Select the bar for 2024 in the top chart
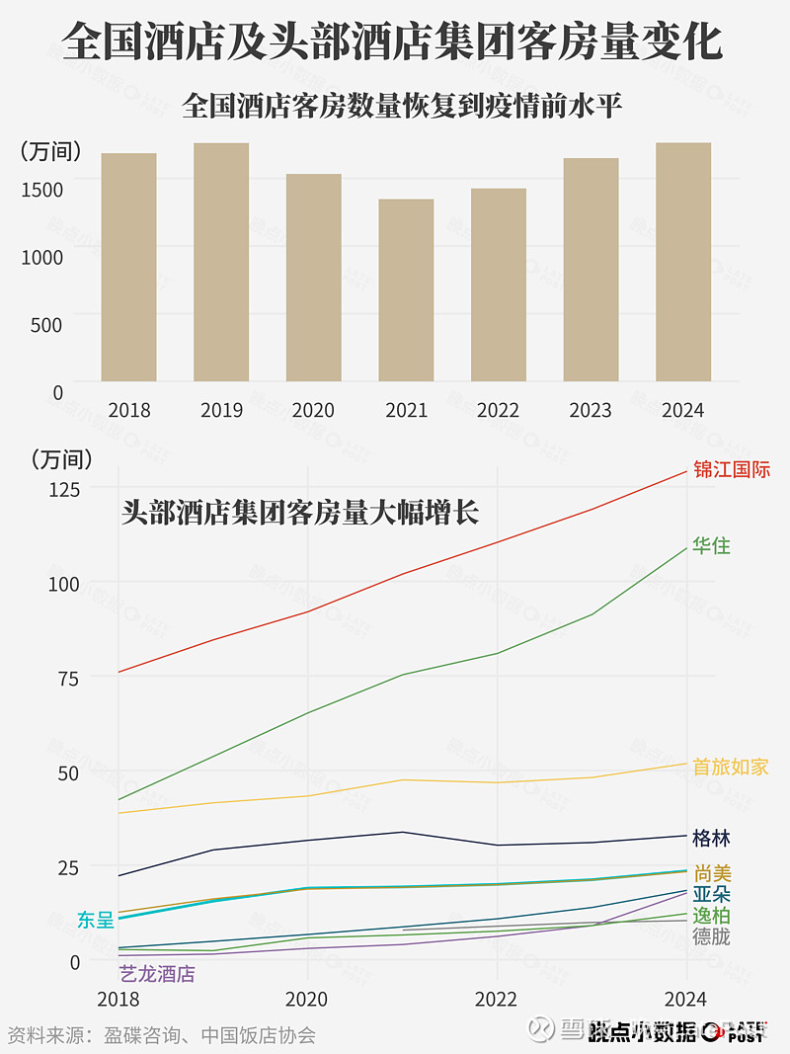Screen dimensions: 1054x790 point(683,262)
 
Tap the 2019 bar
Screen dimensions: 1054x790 point(221,262)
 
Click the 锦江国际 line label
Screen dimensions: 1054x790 point(731,469)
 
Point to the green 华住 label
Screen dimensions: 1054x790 point(711,545)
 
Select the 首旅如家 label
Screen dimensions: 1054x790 point(730,767)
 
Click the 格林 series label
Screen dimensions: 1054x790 point(711,839)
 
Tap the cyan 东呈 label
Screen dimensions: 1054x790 point(96,920)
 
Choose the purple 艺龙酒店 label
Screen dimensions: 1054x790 point(157,974)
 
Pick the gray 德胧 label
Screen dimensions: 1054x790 point(711,936)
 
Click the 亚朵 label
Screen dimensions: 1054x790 point(711,894)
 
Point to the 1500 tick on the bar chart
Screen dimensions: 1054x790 point(42,189)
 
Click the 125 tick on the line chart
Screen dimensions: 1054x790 point(64,488)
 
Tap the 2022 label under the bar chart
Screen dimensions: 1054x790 point(498,410)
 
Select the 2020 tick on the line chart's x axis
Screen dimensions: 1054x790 point(307,999)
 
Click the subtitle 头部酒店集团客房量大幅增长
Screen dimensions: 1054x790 point(300,513)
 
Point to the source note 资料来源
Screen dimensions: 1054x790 point(161,1034)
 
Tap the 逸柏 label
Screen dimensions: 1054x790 point(711,916)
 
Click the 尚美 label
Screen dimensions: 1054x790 point(712,873)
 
